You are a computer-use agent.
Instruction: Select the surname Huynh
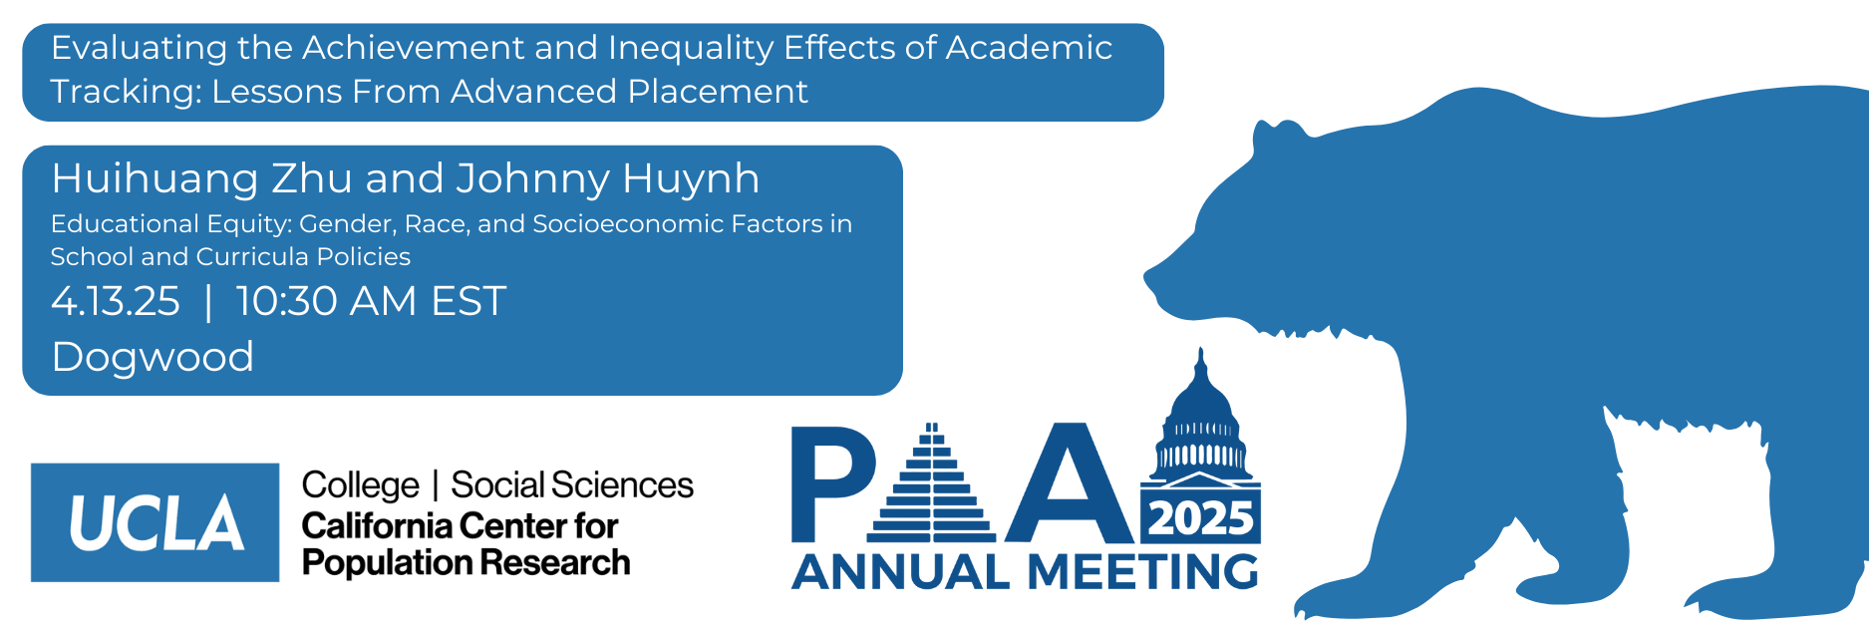pos(691,179)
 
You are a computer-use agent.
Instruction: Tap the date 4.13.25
pos(116,301)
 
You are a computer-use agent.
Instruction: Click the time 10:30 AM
pos(325,301)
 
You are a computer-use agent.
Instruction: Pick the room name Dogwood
pos(153,358)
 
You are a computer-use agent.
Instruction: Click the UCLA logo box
pos(156,522)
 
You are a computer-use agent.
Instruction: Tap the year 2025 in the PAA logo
pos(1201,518)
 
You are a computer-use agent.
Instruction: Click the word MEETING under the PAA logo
pos(1142,572)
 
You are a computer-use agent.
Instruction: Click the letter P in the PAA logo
pos(832,483)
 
